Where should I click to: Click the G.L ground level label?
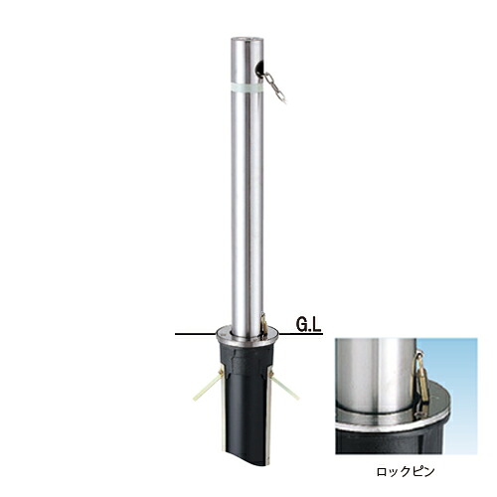click(308, 325)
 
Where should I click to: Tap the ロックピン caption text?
click(405, 471)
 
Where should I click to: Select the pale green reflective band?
click(248, 87)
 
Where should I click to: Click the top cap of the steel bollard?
click(248, 40)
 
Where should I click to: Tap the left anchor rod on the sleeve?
click(208, 386)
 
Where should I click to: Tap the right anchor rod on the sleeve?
click(284, 386)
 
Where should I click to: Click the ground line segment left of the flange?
click(195, 334)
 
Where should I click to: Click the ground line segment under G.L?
click(300, 334)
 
